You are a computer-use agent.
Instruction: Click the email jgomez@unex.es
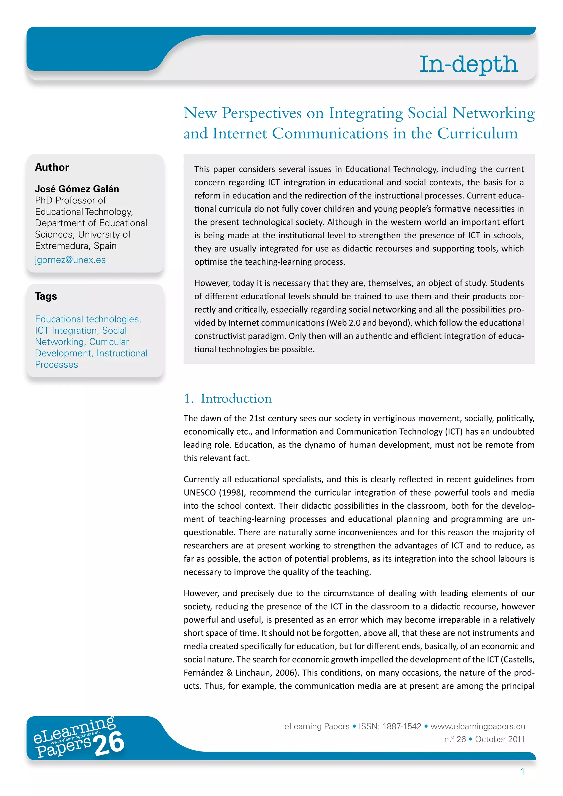coord(70,260)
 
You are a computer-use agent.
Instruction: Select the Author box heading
coord(52,167)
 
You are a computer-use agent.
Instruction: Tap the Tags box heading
coord(46,296)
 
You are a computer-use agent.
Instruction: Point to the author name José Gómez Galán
coord(77,189)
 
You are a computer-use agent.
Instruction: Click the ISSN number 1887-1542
coord(402,726)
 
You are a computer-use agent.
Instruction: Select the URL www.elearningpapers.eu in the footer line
coord(478,726)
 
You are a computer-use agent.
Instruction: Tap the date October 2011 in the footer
coord(499,739)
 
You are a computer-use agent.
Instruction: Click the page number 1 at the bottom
coord(522,772)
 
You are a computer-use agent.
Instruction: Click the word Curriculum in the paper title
coord(478,134)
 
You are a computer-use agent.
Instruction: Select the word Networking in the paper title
coord(493,113)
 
